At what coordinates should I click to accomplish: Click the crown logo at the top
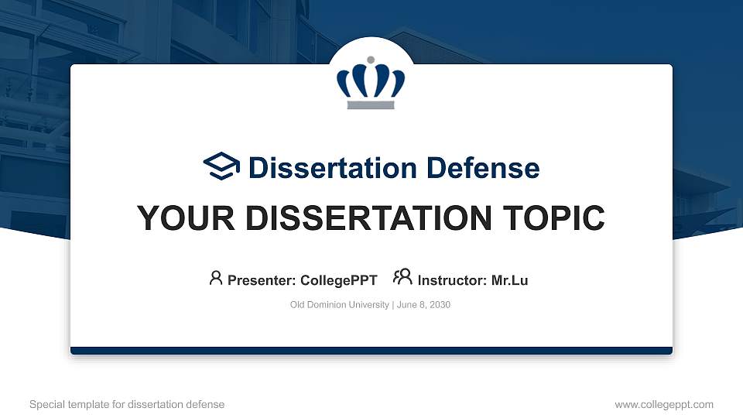point(371,83)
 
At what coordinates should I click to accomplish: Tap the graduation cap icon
point(222,166)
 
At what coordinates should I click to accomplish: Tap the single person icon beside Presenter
point(216,278)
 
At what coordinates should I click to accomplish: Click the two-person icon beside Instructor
point(402,278)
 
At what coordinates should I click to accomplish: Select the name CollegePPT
point(338,280)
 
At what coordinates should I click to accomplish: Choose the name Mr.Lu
point(509,280)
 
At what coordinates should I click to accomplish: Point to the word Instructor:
point(453,280)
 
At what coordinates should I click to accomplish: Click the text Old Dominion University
point(340,305)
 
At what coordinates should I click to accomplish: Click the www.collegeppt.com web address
point(664,404)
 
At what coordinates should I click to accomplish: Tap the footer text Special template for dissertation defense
point(127,404)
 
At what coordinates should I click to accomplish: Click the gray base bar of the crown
point(371,104)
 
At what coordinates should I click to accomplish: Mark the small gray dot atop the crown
point(371,60)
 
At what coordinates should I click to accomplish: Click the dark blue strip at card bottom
point(371,351)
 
